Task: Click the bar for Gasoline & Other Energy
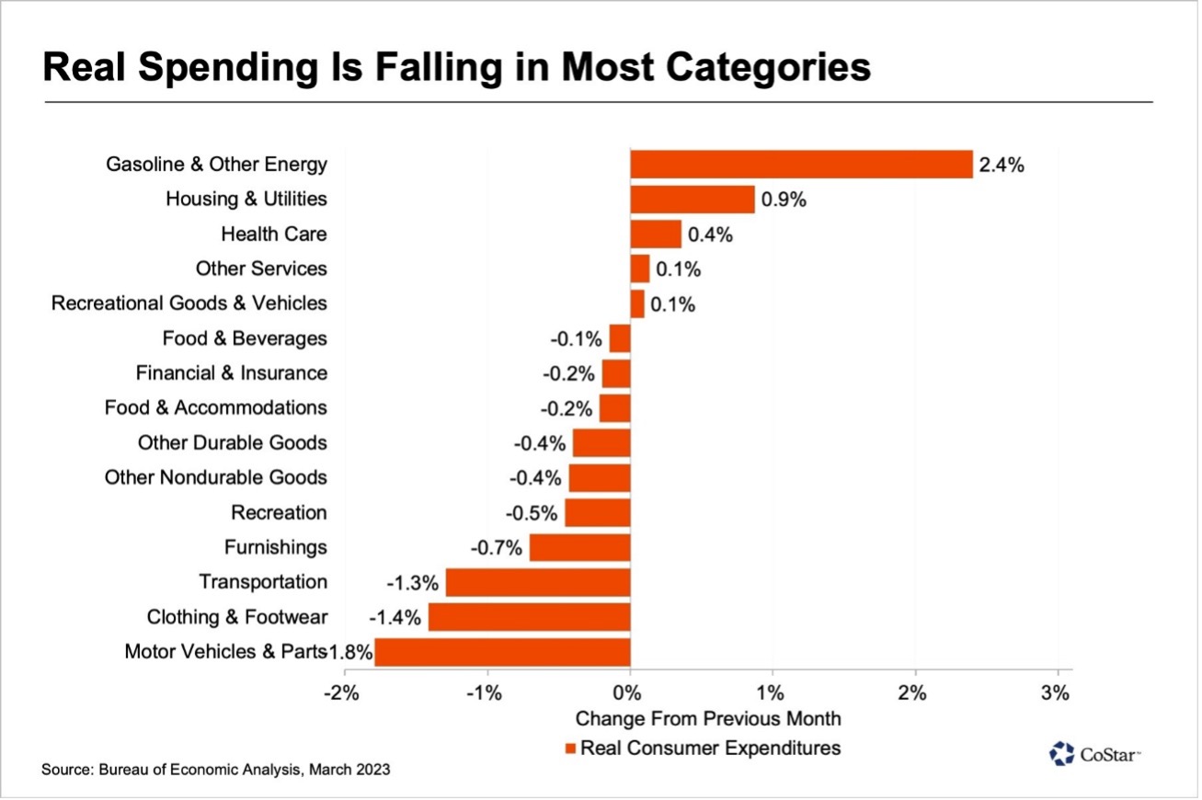click(x=800, y=165)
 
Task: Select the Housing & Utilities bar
click(x=692, y=200)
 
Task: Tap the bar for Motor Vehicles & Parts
click(x=502, y=652)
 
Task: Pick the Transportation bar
click(x=538, y=582)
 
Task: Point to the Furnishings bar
click(x=579, y=548)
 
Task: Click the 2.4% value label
click(x=1002, y=166)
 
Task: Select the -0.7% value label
click(x=497, y=548)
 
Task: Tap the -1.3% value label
click(x=413, y=583)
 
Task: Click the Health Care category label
click(x=274, y=234)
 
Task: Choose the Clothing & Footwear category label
click(x=236, y=617)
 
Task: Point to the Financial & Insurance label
click(x=231, y=372)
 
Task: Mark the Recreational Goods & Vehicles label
click(x=189, y=303)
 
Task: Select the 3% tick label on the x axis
click(x=1057, y=692)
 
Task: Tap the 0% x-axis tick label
click(x=629, y=692)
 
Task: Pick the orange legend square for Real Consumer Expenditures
click(x=570, y=749)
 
